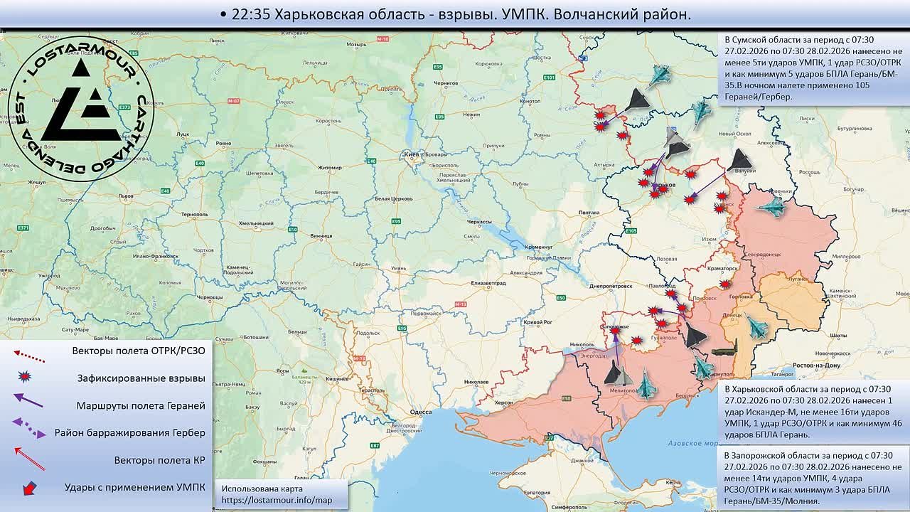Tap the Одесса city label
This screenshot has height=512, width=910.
pos(421,412)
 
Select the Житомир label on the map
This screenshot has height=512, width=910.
pos(330,168)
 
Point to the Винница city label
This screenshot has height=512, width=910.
pos(321,235)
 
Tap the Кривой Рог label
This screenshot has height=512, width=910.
pos(537,322)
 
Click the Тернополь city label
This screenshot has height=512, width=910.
pos(194,214)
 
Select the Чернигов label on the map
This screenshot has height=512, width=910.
pos(446,83)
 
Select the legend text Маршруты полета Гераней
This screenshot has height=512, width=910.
pos(141,405)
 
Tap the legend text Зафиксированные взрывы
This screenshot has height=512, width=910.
pos(141,378)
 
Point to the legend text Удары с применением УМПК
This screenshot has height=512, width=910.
pos(134,487)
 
